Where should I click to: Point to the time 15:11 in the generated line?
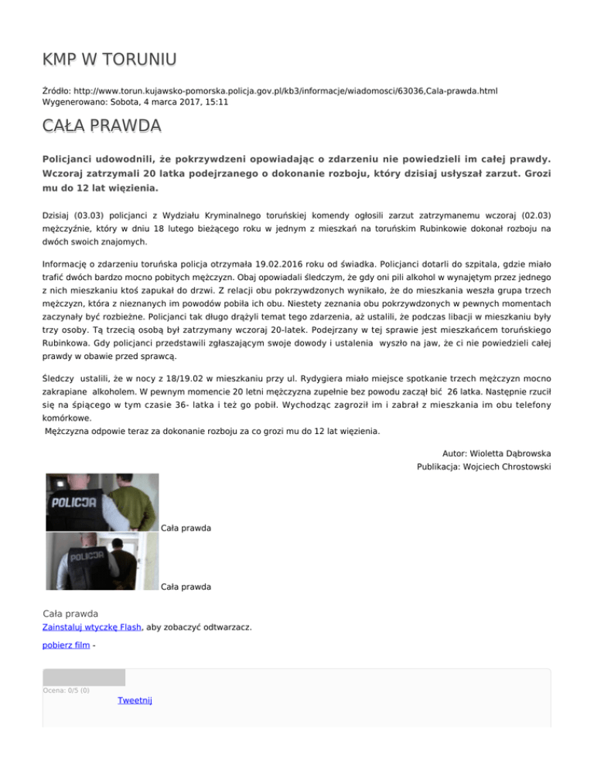pyautogui.click(x=215, y=102)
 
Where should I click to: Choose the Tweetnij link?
pyautogui.click(x=135, y=700)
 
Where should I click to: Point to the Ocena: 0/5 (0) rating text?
pyautogui.click(x=66, y=690)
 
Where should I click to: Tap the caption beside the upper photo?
pyautogui.click(x=186, y=528)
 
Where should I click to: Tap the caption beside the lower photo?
pyautogui.click(x=186, y=587)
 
